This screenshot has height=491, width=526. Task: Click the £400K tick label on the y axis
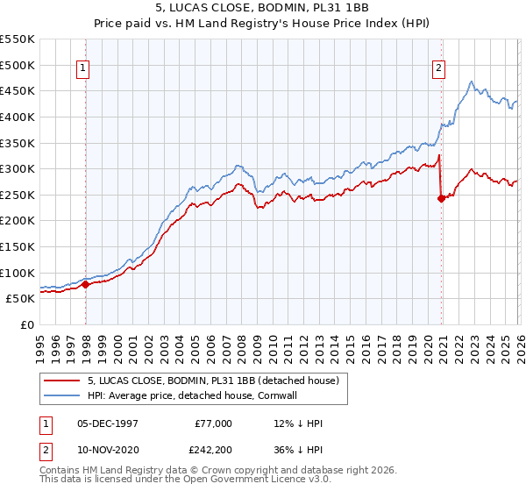click(18, 117)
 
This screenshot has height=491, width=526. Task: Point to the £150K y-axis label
click(18, 246)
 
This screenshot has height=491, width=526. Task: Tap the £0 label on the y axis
click(26, 324)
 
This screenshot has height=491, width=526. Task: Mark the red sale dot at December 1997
click(85, 284)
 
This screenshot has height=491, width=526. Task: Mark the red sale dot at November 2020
click(441, 198)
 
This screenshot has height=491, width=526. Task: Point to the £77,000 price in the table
click(213, 423)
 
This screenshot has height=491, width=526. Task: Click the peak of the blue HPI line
click(472, 82)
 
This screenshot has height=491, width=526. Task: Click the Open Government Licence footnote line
click(171, 481)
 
